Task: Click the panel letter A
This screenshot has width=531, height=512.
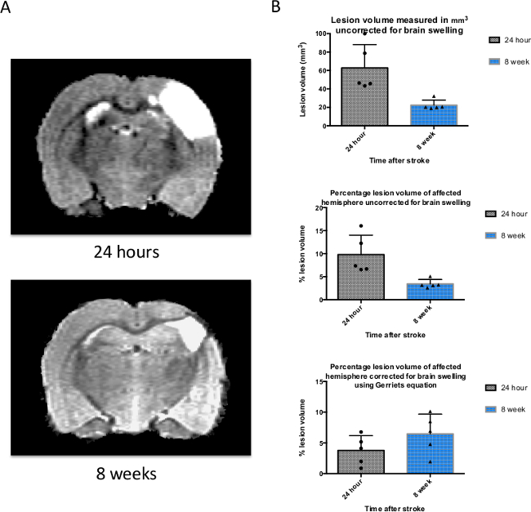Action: tap(7, 8)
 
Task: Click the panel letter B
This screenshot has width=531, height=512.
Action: tap(276, 8)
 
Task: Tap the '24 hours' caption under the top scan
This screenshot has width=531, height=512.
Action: tap(125, 252)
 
